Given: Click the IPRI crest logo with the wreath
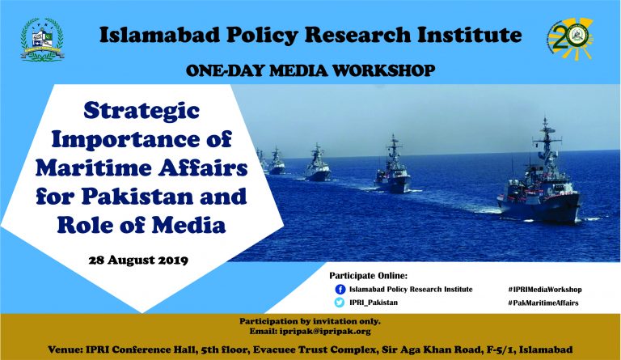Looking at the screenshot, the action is pyautogui.click(x=42, y=40).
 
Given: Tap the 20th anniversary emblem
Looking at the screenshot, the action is pyautogui.click(x=570, y=39).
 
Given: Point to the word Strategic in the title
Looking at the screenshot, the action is pyautogui.click(x=142, y=111).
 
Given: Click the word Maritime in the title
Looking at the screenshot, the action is pyautogui.click(x=92, y=167).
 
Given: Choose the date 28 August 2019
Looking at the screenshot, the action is pyautogui.click(x=138, y=260).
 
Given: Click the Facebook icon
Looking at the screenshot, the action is pyautogui.click(x=340, y=290).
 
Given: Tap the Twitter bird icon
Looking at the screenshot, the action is pyautogui.click(x=340, y=303).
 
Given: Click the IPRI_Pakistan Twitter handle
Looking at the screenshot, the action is pyautogui.click(x=374, y=303).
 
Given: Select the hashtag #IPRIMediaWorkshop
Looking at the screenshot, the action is pyautogui.click(x=545, y=290).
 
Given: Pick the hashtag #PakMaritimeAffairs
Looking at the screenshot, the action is pyautogui.click(x=543, y=303).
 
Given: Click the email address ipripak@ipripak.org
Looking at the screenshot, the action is pyautogui.click(x=325, y=331).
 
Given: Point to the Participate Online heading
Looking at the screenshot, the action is pyautogui.click(x=369, y=276).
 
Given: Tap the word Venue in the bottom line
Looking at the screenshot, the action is pyautogui.click(x=65, y=349).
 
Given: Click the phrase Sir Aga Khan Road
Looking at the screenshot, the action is pyautogui.click(x=430, y=349).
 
